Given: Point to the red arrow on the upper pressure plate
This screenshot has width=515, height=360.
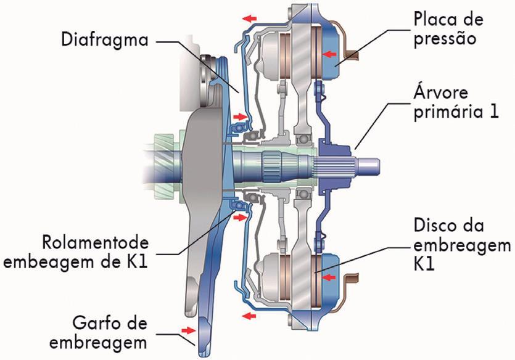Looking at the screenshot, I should click(331, 54).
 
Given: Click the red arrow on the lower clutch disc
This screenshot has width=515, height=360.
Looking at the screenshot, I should click(331, 278).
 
